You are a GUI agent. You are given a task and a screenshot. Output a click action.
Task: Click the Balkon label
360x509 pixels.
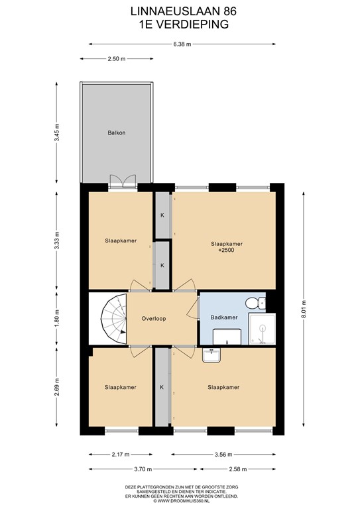point(117,133)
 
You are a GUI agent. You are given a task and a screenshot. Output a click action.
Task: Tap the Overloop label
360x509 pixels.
point(153,318)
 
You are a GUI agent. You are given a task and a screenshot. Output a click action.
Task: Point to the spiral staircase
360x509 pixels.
point(110,319)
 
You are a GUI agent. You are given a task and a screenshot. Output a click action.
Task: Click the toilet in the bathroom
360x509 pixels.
point(254,303)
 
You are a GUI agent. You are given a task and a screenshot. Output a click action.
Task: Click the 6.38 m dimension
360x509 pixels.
point(182,44)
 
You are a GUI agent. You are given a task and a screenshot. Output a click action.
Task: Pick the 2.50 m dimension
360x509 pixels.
point(116,59)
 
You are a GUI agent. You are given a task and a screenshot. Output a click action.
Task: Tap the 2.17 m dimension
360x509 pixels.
point(120,455)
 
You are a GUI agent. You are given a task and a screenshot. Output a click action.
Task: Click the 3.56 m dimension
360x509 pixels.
point(223,455)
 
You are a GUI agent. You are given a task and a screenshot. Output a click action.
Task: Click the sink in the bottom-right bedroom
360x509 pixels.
point(211,355)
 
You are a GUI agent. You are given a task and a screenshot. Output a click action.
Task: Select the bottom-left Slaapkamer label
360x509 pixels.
point(121,387)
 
